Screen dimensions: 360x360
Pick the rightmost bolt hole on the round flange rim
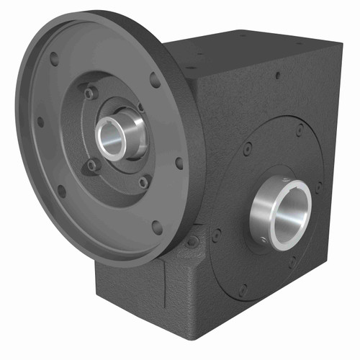[x=179, y=163]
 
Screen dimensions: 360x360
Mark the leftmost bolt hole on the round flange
[x=40, y=122]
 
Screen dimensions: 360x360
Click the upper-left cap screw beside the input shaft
[x=89, y=94]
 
